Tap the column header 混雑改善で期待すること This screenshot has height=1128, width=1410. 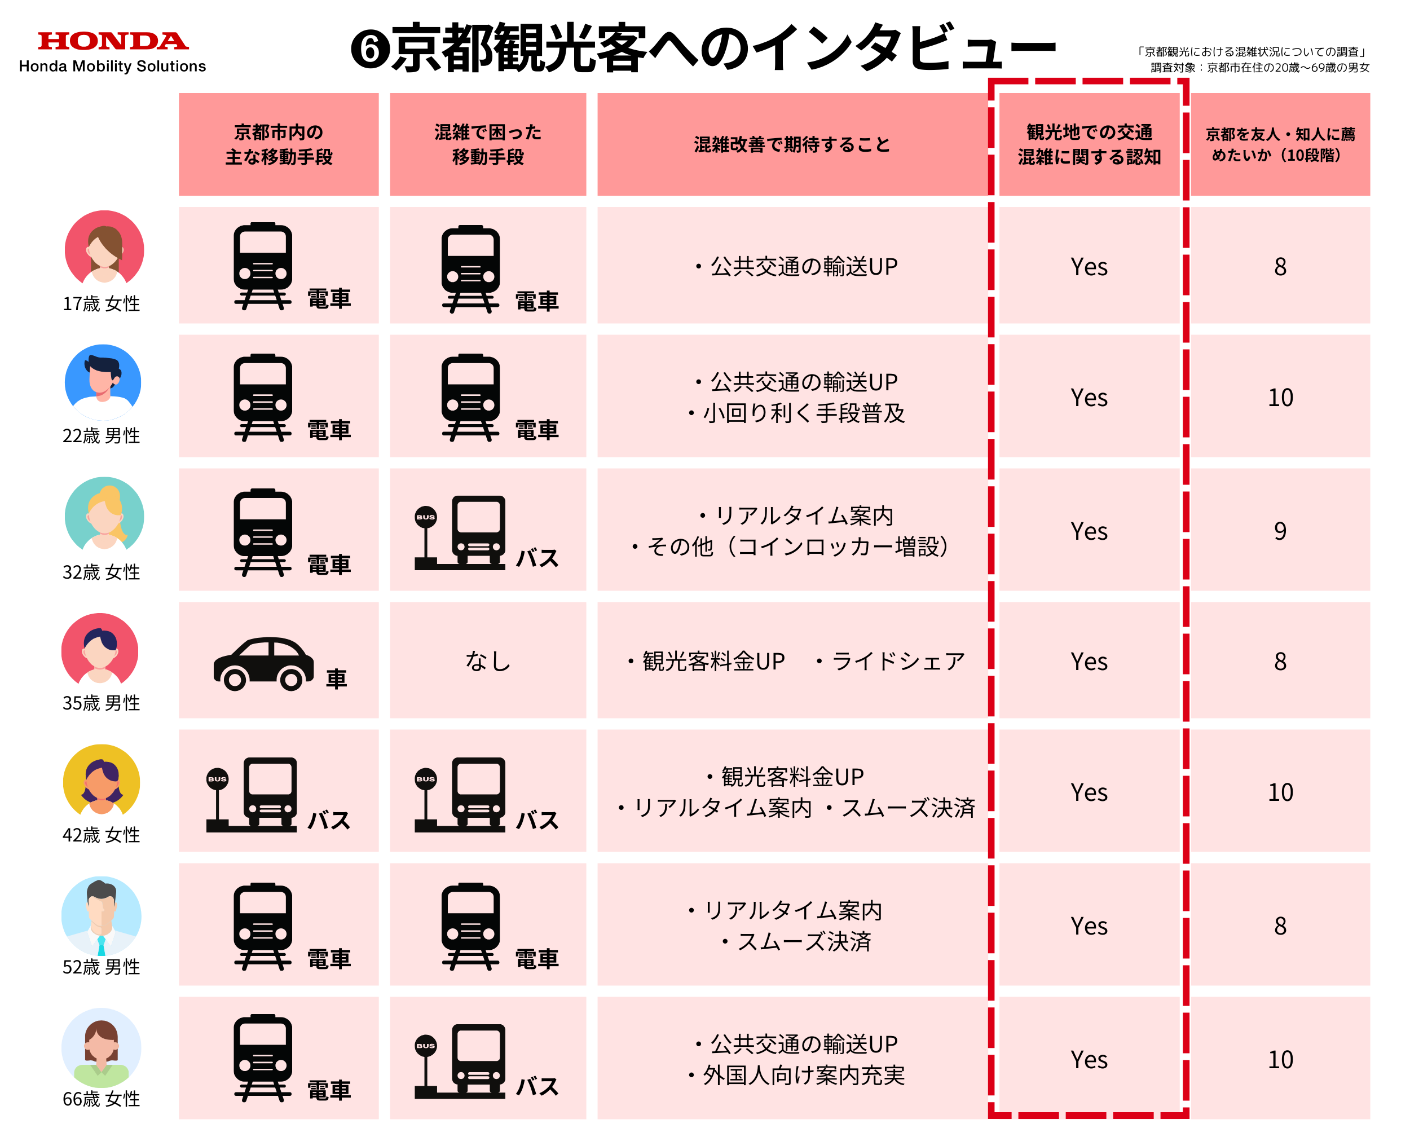[792, 144]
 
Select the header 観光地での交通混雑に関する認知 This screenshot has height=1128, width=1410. [1089, 144]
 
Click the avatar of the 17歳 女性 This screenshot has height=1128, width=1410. [104, 249]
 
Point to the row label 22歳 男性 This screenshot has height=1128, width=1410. [102, 436]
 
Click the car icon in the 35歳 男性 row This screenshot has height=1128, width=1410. [263, 663]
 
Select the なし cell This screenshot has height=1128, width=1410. [488, 662]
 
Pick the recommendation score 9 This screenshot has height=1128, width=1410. [1280, 531]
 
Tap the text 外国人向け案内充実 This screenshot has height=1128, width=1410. [803, 1076]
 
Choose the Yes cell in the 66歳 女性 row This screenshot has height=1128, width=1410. [1089, 1060]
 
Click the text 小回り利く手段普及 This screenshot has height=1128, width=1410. [803, 413]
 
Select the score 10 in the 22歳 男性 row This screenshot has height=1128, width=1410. [1280, 398]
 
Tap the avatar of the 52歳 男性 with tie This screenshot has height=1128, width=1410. [102, 915]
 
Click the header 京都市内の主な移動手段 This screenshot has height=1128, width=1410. [279, 144]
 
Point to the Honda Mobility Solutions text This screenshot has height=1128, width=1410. [112, 67]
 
